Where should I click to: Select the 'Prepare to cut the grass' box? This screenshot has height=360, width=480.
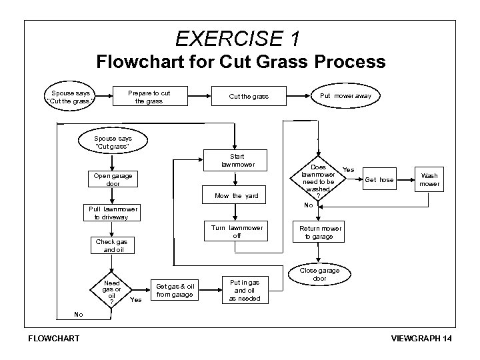(x=149, y=97)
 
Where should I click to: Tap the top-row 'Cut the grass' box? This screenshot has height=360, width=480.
(x=249, y=97)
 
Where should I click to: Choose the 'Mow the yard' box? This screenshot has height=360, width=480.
(x=236, y=196)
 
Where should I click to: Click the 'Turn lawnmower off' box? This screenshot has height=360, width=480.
(x=237, y=231)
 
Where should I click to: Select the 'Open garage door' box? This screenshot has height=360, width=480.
(x=113, y=179)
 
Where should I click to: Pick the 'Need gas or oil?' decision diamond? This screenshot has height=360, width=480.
(x=112, y=291)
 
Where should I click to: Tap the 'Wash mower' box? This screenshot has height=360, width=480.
(x=430, y=180)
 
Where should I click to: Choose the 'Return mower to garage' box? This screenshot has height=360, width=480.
(x=319, y=233)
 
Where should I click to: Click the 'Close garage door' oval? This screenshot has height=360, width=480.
(x=319, y=274)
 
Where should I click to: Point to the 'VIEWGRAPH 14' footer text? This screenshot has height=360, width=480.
(x=422, y=339)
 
